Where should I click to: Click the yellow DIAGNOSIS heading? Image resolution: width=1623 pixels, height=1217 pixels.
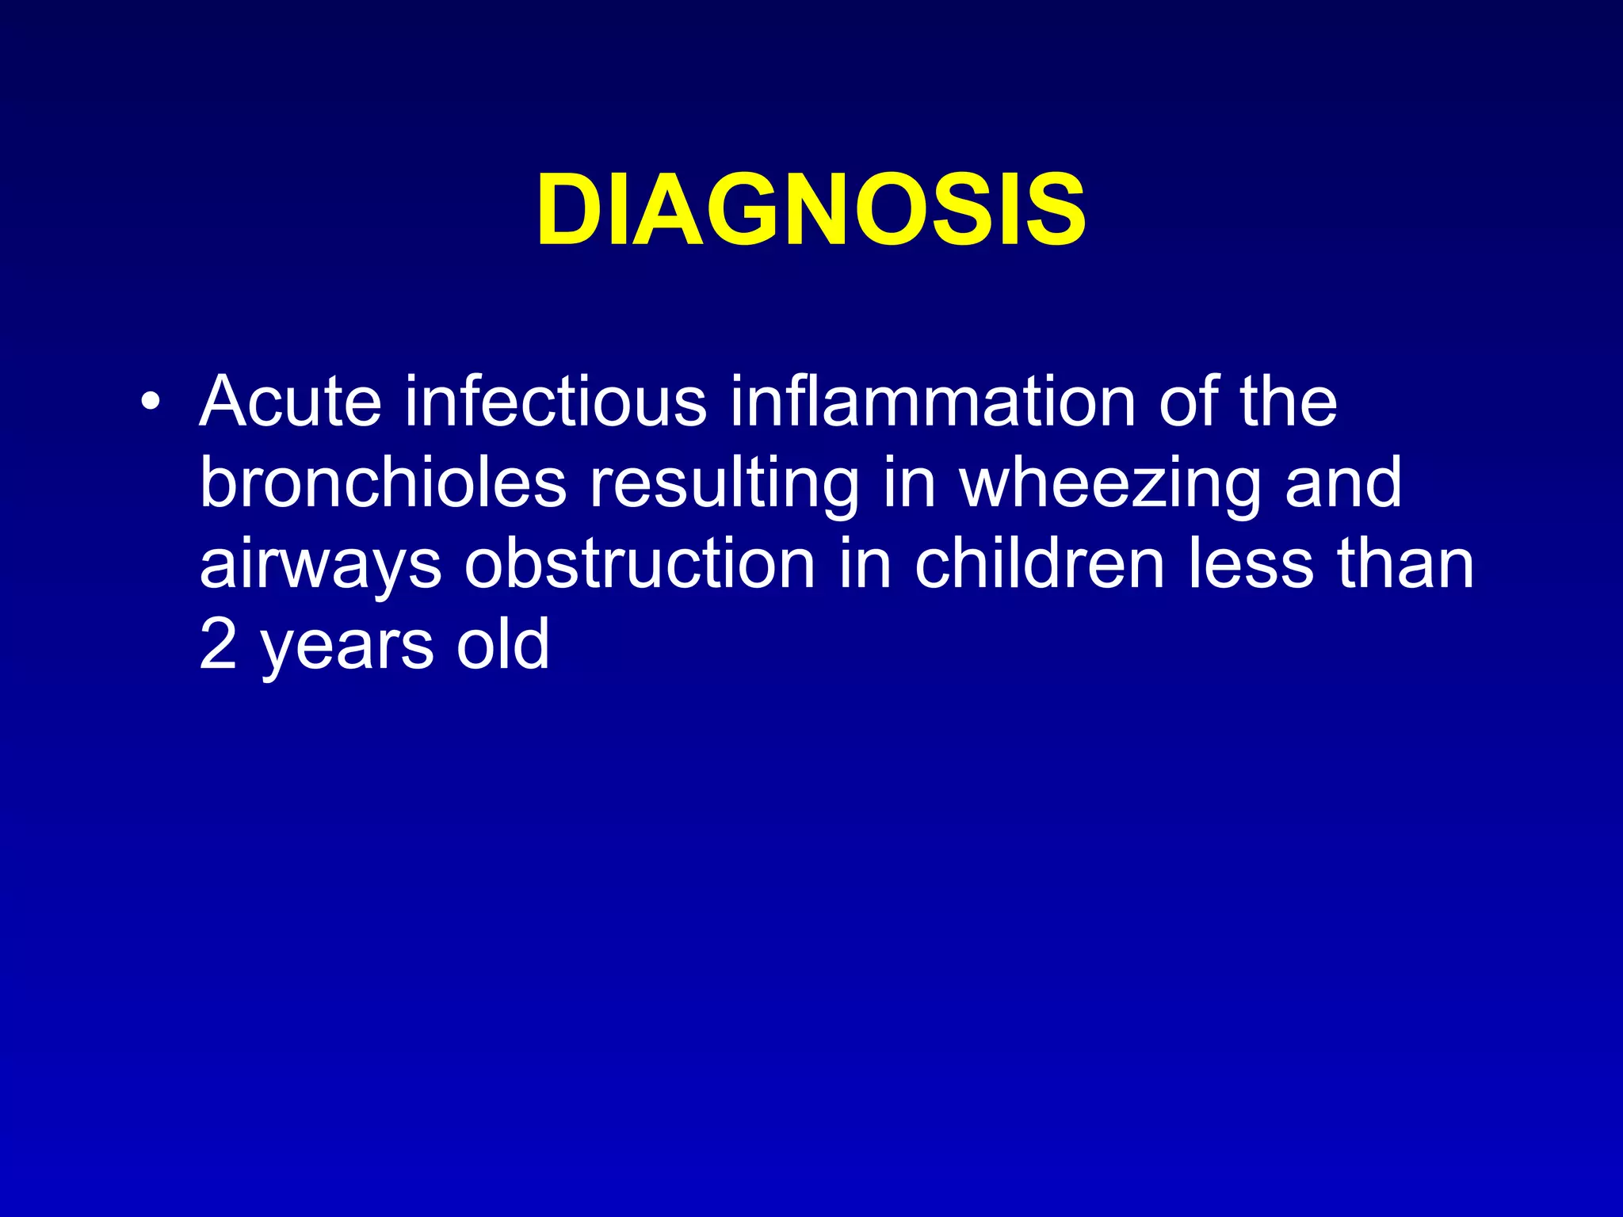coord(811,211)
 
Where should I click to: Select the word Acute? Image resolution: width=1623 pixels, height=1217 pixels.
coord(291,401)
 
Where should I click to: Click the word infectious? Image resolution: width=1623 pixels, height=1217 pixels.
coord(556,401)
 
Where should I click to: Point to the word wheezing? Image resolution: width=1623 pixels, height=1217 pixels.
coord(1110,486)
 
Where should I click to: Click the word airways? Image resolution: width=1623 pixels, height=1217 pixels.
coord(320,567)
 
